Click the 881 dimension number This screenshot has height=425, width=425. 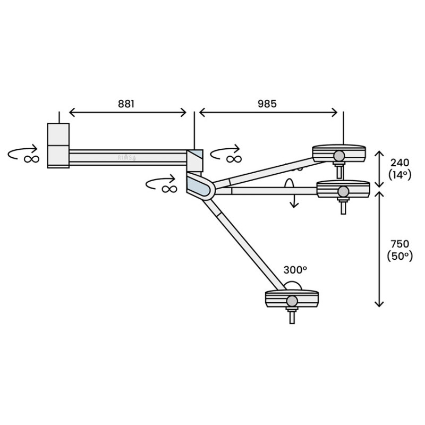click(126, 104)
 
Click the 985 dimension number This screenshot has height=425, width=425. click(267, 104)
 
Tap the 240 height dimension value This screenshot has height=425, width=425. click(400, 163)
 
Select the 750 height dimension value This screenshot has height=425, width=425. click(400, 244)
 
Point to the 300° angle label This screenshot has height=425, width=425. click(295, 270)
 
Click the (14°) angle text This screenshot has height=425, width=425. click(400, 175)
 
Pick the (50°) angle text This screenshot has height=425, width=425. click(400, 256)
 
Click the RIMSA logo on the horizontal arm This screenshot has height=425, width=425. click(127, 158)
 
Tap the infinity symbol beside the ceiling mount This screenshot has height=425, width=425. click(31, 159)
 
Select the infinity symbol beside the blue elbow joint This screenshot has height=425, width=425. click(169, 189)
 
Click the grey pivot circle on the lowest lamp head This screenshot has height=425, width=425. click(292, 301)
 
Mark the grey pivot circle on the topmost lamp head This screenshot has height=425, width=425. click(339, 156)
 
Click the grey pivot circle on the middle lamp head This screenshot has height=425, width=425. click(343, 192)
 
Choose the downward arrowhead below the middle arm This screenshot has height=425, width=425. click(294, 205)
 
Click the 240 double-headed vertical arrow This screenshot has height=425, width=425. click(379, 169)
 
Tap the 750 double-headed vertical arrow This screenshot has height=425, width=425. click(379, 249)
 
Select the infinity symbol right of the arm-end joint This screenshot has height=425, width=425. click(234, 159)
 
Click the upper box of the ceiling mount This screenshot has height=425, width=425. click(58, 134)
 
